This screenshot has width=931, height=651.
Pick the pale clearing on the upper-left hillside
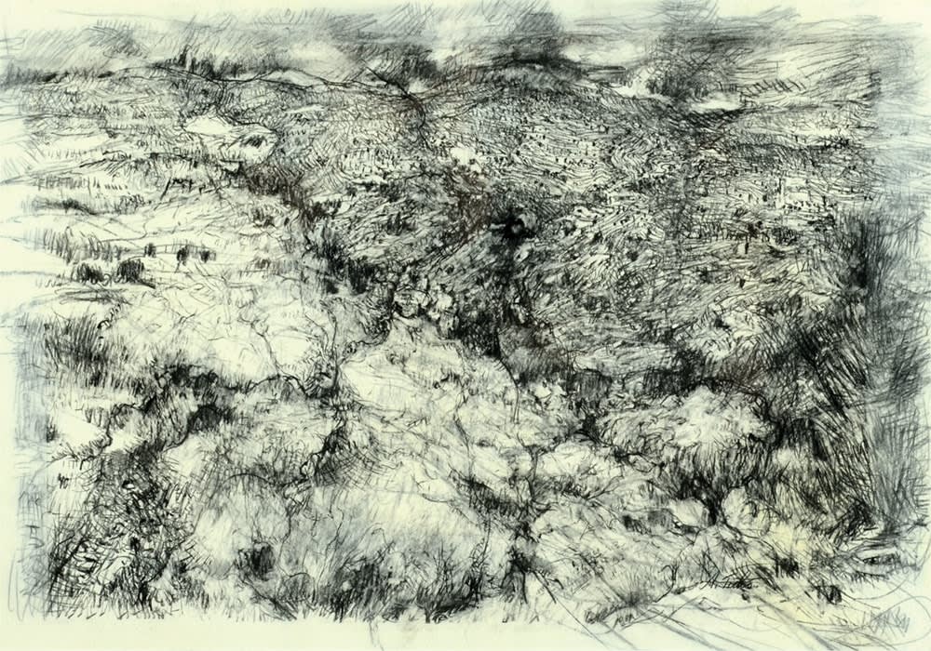219,126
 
